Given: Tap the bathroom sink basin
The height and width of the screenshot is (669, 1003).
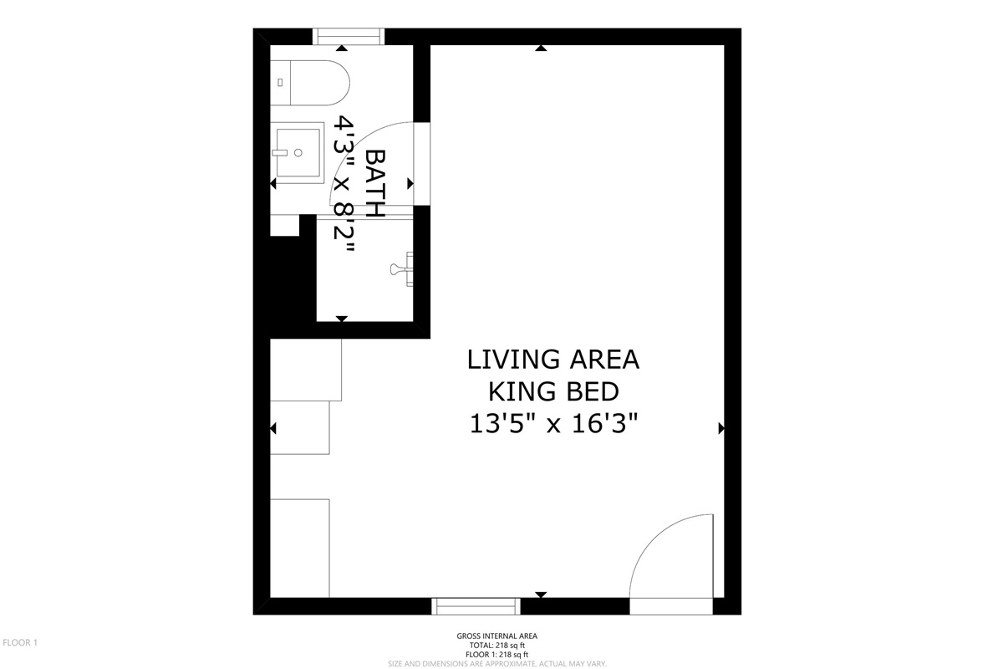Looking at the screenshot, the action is click(298, 153).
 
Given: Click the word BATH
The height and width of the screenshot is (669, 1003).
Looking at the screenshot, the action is click(375, 183).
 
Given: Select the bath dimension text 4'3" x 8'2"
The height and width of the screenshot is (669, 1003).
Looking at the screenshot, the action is click(344, 184).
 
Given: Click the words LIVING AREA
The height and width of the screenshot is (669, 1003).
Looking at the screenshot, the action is click(553, 360).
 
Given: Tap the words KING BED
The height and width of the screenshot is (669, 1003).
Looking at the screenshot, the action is click(553, 391).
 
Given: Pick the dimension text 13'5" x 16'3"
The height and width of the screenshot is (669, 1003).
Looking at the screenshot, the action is click(553, 423).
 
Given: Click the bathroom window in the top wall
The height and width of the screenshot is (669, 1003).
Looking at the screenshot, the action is click(349, 36).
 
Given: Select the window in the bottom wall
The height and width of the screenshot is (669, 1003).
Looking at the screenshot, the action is click(476, 606).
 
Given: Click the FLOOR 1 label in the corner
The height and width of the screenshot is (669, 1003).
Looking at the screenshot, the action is click(20, 642).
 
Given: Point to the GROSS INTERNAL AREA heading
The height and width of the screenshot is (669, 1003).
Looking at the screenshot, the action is click(497, 636).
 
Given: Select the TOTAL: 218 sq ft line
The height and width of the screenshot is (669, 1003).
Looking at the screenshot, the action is click(497, 646).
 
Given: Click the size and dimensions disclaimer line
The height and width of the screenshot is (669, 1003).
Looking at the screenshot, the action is click(497, 664).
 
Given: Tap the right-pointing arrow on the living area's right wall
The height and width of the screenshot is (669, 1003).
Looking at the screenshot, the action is click(721, 428).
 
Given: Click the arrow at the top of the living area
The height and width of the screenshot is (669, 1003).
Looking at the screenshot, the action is click(541, 48).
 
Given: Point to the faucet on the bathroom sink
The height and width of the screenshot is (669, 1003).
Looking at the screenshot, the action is click(279, 153).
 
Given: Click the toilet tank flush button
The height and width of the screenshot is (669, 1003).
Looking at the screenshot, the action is click(280, 83).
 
